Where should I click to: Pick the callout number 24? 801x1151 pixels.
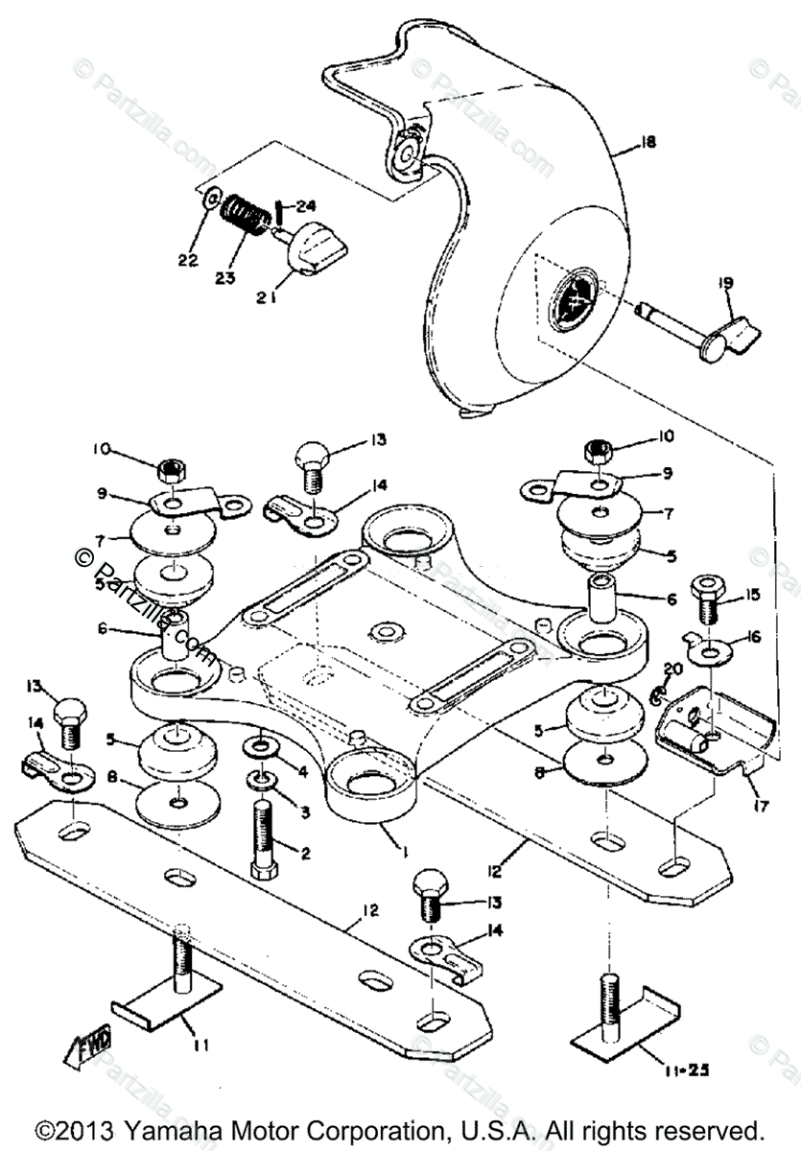pyautogui.click(x=306, y=205)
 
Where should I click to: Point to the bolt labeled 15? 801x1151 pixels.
pyautogui.click(x=708, y=599)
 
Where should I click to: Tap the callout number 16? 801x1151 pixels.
pyautogui.click(x=753, y=635)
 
